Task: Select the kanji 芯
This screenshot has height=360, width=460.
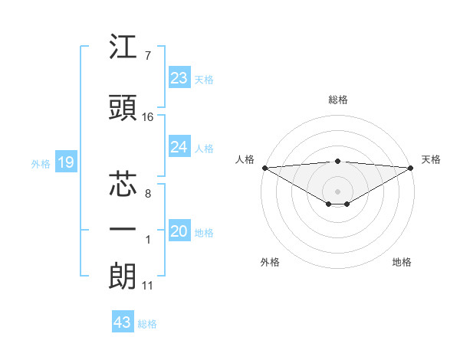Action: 123,184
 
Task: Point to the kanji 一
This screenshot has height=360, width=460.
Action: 123,230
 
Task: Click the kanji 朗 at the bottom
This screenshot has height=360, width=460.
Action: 123,276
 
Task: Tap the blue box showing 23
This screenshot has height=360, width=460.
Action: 179,78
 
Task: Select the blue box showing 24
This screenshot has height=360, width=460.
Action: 179,147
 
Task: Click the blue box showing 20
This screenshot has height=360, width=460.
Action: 179,232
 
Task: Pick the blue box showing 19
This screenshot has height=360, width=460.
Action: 65,162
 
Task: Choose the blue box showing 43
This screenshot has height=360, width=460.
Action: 123,322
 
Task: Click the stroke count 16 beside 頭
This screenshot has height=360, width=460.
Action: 148,117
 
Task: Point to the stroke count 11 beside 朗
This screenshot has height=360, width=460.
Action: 148,286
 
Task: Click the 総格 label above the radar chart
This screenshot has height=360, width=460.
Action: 338,100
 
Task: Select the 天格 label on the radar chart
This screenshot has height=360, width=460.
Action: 431,159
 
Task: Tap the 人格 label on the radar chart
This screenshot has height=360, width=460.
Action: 245,159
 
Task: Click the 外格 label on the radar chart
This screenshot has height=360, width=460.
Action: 270,263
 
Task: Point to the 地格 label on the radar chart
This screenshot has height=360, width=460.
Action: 402,263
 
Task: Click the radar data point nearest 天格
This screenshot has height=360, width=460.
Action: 412,167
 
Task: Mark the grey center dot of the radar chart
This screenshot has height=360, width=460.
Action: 337,190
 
